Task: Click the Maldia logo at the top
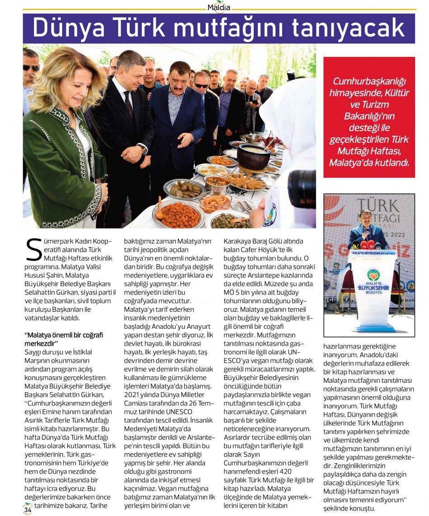pyautogui.click(x=219, y=8)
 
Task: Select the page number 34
pyautogui.click(x=28, y=510)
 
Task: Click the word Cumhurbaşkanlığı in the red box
pyautogui.click(x=369, y=81)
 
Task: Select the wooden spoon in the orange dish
pyautogui.click(x=160, y=207)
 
